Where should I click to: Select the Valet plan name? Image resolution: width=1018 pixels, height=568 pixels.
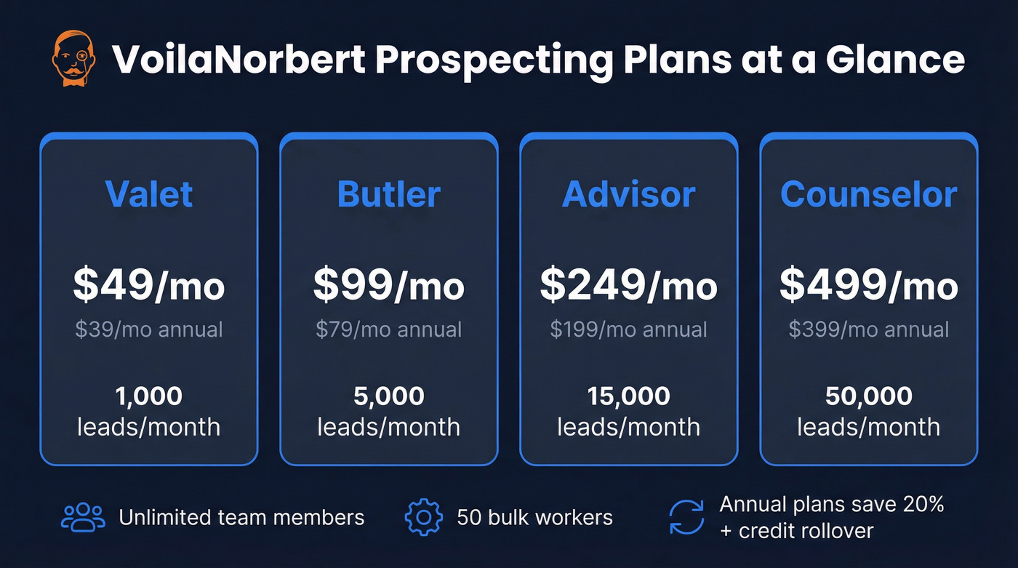(149, 194)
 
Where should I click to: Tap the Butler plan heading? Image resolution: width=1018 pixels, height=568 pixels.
(389, 194)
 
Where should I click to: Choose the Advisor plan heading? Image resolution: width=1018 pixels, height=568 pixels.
(629, 194)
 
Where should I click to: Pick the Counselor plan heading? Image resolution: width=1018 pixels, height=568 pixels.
(869, 194)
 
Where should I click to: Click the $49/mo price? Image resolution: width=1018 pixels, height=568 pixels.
(149, 285)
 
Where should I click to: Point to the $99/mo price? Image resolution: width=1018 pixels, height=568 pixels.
(389, 285)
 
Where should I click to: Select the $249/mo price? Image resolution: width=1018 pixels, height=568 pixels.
(629, 285)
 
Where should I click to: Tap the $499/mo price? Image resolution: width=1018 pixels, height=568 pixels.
(869, 285)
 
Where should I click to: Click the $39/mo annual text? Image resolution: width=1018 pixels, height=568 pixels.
(149, 329)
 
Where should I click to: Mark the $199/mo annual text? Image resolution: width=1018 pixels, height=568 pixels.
(629, 329)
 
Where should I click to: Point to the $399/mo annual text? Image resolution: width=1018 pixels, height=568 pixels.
(869, 329)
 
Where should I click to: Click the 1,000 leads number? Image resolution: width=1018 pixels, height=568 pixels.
(149, 396)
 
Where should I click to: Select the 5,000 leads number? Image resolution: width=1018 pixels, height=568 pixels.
(389, 396)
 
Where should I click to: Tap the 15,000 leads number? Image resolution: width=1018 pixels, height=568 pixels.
(629, 396)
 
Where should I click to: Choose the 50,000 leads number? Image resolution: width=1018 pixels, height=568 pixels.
(869, 396)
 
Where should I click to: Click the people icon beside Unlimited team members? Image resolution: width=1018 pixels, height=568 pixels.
(84, 517)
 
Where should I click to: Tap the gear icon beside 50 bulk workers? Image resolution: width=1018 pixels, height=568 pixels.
(423, 517)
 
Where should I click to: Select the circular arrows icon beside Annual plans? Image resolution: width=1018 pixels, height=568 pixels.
(686, 517)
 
